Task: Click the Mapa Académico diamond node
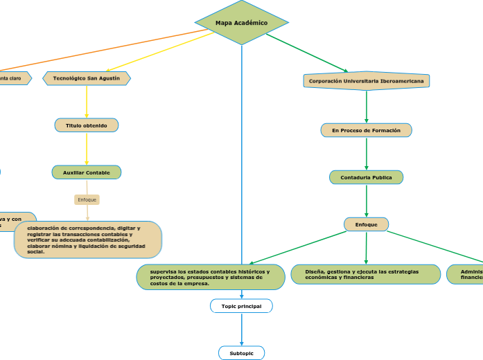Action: pyautogui.click(x=241, y=23)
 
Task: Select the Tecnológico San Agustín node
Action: pyautogui.click(x=87, y=78)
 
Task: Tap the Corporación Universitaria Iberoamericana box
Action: pyautogui.click(x=366, y=81)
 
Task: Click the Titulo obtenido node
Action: pyautogui.click(x=87, y=125)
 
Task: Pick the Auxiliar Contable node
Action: pyautogui.click(x=87, y=172)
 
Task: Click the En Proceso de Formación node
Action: pyautogui.click(x=366, y=130)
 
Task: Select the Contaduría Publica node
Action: pyautogui.click(x=366, y=177)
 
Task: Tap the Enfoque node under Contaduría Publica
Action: pyautogui.click(x=366, y=224)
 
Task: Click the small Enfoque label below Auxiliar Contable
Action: pyautogui.click(x=87, y=199)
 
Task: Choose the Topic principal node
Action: pyautogui.click(x=241, y=306)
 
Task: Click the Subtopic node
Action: pyautogui.click(x=241, y=353)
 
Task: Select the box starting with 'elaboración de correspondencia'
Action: pyautogui.click(x=87, y=240)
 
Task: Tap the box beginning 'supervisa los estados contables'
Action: pyautogui.click(x=211, y=277)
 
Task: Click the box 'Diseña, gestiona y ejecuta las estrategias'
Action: pyautogui.click(x=365, y=275)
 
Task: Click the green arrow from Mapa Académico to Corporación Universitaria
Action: pyautogui.click(x=308, y=53)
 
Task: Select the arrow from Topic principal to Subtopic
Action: pyautogui.click(x=241, y=330)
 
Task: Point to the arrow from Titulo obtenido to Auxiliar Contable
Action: pyautogui.click(x=87, y=149)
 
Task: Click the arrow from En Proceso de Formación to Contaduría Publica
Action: pyautogui.click(x=366, y=154)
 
